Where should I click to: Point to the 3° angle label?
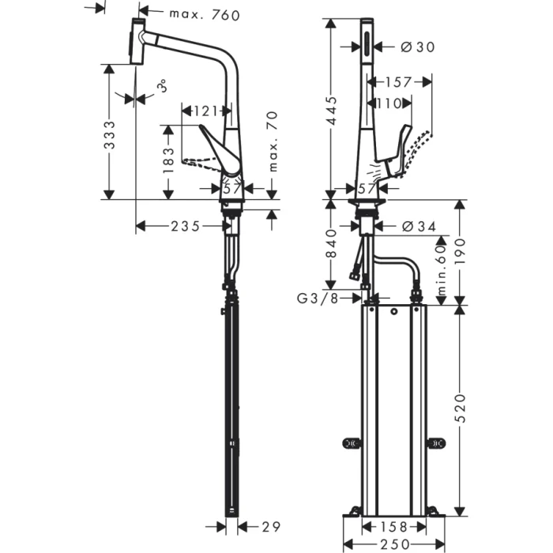coord(160,86)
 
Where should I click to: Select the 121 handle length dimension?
coord(206,110)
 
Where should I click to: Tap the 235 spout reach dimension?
coord(186,227)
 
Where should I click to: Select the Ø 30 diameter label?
coord(418,47)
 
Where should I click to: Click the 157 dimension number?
coord(400,81)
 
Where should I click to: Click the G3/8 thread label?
coord(318,298)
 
